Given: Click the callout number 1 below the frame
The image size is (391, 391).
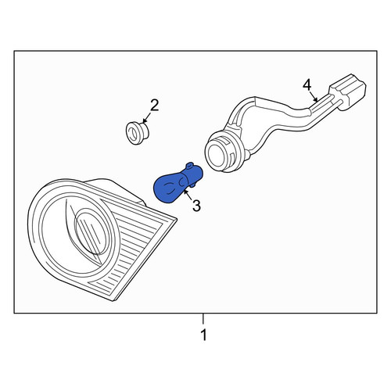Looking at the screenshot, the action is tap(203, 335).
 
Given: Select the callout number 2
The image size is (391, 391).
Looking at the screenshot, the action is tap(155, 106).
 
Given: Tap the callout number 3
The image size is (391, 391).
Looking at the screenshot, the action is tap(196, 206).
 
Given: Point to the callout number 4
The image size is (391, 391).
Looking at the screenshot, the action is tap(307, 85).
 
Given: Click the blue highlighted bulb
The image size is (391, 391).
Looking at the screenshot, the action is tap(178, 183).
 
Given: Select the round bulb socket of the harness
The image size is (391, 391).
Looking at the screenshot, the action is tap(224, 152).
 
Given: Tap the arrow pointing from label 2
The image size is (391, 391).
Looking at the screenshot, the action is tap(147, 117).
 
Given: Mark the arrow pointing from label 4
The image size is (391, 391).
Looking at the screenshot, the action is tap(314, 95).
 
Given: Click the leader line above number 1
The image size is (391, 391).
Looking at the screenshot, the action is tap(203, 318).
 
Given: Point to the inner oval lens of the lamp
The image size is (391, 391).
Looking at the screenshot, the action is tap(88, 229).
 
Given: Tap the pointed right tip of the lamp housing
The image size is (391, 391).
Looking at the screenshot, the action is tap(177, 220).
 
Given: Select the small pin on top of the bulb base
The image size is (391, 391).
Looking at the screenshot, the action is tap(190, 166).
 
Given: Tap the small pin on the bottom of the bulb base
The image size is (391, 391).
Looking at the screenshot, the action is tap(193, 185).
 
